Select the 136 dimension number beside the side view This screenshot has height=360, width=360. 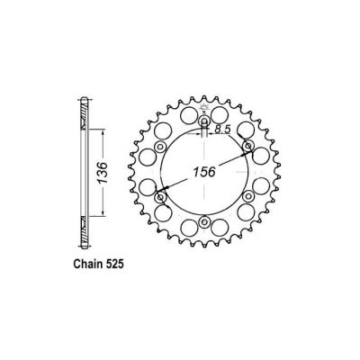[x=105, y=171]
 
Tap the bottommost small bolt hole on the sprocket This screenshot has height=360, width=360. [x=205, y=220]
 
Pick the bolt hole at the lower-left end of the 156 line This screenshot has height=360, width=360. [x=162, y=196]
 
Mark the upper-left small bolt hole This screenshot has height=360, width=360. [x=162, y=146]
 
